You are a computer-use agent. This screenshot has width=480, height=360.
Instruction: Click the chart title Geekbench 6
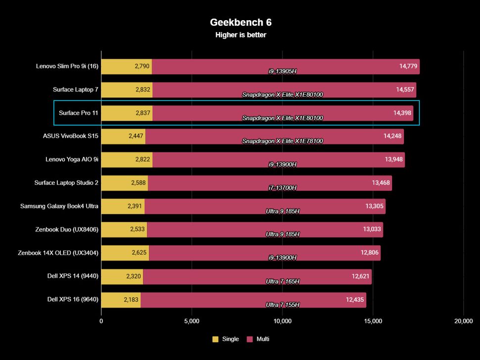click(240, 22)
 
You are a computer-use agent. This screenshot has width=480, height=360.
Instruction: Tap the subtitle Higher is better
click(240, 35)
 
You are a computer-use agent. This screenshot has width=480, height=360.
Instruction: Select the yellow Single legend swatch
click(215, 339)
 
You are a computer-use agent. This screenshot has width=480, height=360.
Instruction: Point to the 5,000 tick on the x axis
click(192, 321)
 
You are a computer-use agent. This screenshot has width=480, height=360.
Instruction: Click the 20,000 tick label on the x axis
click(463, 321)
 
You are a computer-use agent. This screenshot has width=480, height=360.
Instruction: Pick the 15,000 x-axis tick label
click(373, 321)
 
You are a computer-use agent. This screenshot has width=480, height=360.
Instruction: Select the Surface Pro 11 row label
click(78, 113)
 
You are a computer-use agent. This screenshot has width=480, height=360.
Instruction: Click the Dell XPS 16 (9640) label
click(73, 299)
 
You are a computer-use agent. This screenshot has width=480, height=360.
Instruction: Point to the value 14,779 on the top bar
click(409, 66)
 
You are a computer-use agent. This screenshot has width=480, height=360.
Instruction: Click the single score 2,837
click(143, 113)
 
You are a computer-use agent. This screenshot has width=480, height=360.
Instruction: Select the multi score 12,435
click(355, 299)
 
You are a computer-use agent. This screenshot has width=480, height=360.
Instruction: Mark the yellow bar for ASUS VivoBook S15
click(123, 136)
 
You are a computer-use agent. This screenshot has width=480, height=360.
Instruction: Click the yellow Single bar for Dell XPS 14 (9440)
click(122, 276)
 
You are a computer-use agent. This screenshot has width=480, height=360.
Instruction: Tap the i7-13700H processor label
click(282, 187)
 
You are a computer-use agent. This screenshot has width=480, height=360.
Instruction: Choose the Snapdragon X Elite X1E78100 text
click(282, 141)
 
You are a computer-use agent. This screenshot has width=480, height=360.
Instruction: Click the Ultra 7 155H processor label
click(282, 305)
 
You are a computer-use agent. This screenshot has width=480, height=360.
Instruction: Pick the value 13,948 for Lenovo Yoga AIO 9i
click(394, 159)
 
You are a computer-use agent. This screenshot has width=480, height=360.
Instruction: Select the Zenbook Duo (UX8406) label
click(67, 229)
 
